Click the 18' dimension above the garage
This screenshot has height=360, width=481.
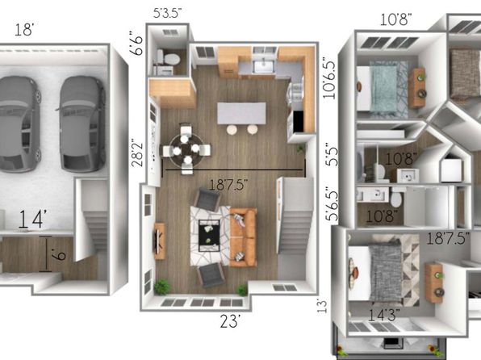coord(24,30)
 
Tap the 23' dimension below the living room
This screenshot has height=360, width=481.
coord(229,321)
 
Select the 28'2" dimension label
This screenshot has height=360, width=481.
coord(137,154)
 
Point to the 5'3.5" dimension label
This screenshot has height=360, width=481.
coord(168,13)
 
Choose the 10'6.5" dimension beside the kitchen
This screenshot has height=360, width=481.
coord(329,77)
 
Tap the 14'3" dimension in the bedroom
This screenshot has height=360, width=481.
coord(384,315)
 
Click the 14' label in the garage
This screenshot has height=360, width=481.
coord(32,219)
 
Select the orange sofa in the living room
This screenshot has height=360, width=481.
coord(243,237)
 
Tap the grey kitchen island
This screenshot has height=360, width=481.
coord(241,113)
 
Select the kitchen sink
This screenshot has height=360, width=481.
coord(263,66)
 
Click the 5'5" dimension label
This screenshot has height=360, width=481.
coord(332,154)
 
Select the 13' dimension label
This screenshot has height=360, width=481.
coord(322,307)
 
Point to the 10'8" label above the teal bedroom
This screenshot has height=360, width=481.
coord(395,20)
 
